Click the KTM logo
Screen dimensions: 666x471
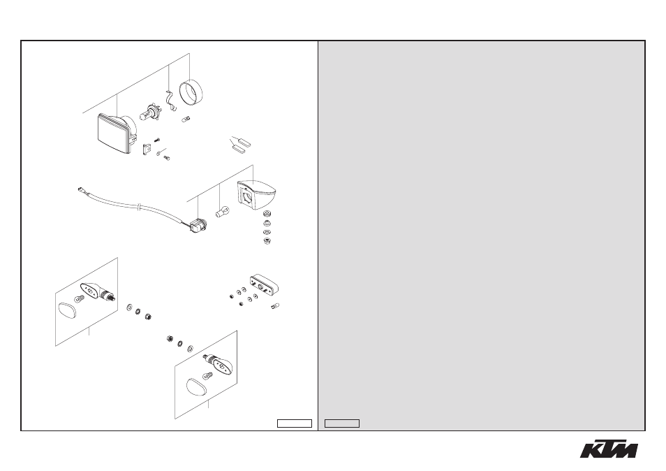pyautogui.click(x=609, y=449)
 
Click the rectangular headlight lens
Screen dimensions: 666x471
pyautogui.click(x=113, y=134)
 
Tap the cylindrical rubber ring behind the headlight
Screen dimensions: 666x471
pyautogui.click(x=191, y=92)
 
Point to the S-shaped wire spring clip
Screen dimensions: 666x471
pyautogui.click(x=170, y=101)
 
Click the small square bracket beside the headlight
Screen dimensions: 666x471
pyautogui.click(x=147, y=150)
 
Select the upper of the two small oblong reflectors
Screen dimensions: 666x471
pyautogui.click(x=244, y=143)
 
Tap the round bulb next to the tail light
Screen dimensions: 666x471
pyautogui.click(x=223, y=211)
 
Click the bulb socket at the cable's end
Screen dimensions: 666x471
pyautogui.click(x=197, y=225)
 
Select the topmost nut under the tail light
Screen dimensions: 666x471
pyautogui.click(x=267, y=213)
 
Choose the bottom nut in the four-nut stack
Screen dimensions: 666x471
pyautogui.click(x=267, y=242)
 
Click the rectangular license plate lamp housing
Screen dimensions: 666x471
pyautogui.click(x=264, y=284)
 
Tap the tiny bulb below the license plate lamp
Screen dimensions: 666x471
pyautogui.click(x=275, y=305)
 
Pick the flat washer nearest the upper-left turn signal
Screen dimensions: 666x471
pyautogui.click(x=129, y=307)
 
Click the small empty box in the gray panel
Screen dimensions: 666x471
pyautogui.click(x=342, y=423)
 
